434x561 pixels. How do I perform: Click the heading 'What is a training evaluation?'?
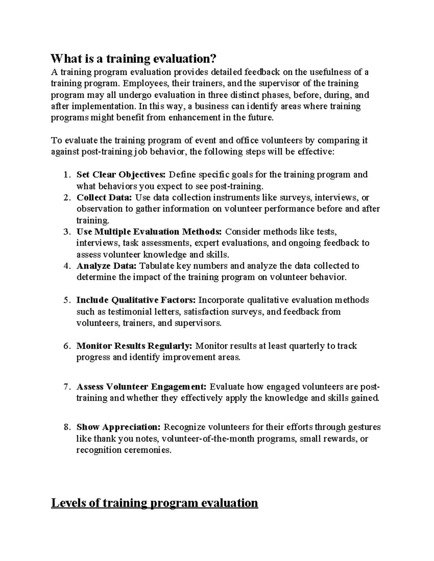135,59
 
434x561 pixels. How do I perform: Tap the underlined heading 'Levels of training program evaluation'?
154,502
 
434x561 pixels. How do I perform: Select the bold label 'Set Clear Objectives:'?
121,175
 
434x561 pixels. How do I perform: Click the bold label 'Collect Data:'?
105,198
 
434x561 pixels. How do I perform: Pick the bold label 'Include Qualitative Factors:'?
136,300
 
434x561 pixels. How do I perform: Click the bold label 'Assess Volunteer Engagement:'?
141,387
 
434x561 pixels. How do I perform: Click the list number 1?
66,175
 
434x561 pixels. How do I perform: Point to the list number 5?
66,301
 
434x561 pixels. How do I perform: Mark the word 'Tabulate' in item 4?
157,266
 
